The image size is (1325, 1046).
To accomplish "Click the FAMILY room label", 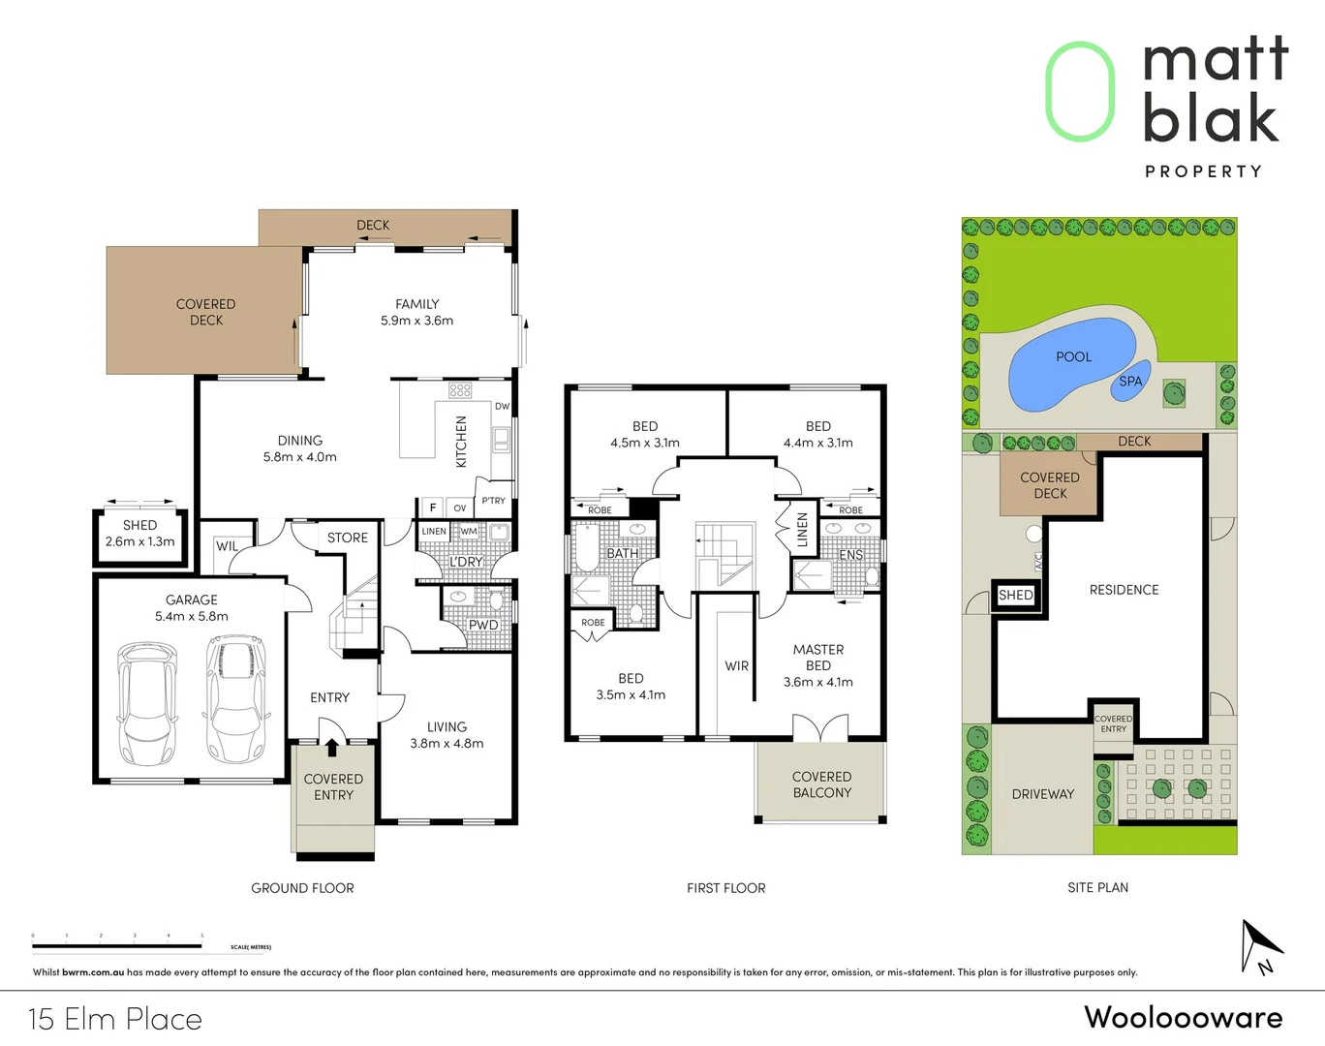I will pyautogui.click(x=417, y=304).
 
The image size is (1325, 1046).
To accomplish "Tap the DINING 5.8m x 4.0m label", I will pyautogui.click(x=300, y=448).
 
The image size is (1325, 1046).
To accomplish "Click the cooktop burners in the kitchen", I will pyautogui.click(x=460, y=390).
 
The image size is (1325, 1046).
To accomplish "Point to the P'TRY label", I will pyautogui.click(x=493, y=501).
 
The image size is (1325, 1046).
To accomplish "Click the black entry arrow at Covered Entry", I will pyautogui.click(x=332, y=747).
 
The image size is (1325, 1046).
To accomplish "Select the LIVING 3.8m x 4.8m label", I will pyautogui.click(x=447, y=735).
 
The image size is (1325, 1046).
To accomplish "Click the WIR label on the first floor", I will pyautogui.click(x=737, y=666).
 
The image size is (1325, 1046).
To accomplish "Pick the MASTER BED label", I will pyautogui.click(x=818, y=658).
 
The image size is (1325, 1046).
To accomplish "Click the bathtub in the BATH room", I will pyautogui.click(x=587, y=549).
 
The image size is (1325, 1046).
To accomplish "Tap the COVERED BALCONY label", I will pyautogui.click(x=822, y=784).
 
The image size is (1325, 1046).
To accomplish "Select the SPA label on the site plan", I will pyautogui.click(x=1130, y=382).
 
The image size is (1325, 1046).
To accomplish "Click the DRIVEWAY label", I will pyautogui.click(x=1043, y=794).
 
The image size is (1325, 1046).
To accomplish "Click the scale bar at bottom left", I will pyautogui.click(x=117, y=945).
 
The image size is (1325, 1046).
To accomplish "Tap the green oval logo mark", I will pyautogui.click(x=1080, y=92).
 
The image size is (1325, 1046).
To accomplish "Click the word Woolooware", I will pyautogui.click(x=1183, y=1017).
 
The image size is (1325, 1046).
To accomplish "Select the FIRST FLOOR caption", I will pyautogui.click(x=725, y=888).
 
